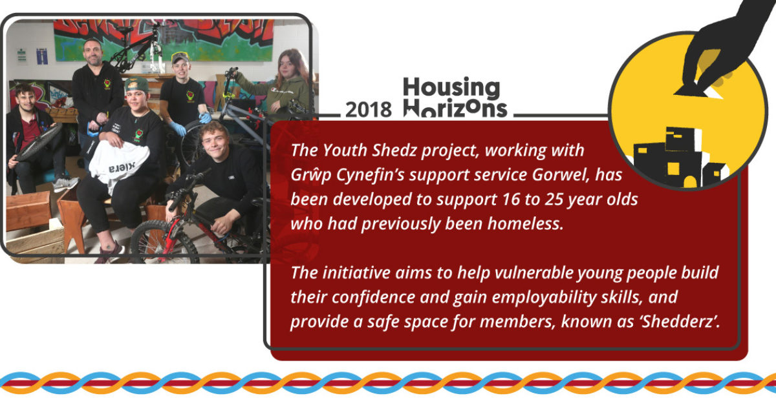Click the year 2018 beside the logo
tap(368, 110)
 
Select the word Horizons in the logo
tap(455, 109)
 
